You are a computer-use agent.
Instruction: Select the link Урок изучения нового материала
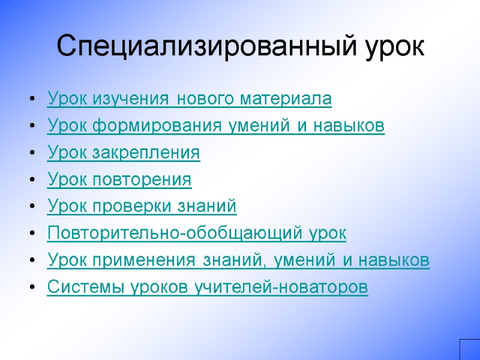coord(189,98)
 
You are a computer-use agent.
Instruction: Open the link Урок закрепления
coord(123,152)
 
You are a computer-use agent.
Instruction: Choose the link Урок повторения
coord(119,179)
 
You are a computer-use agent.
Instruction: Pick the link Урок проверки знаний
coord(142,206)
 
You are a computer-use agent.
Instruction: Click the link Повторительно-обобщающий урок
coord(196,233)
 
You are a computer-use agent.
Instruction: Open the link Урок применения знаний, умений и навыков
coord(238,260)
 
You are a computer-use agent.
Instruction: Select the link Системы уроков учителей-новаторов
coord(207,287)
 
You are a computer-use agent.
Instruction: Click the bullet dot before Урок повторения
coord(31,180)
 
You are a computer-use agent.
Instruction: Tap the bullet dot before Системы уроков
coord(31,288)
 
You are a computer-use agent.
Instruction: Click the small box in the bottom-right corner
coord(470,350)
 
